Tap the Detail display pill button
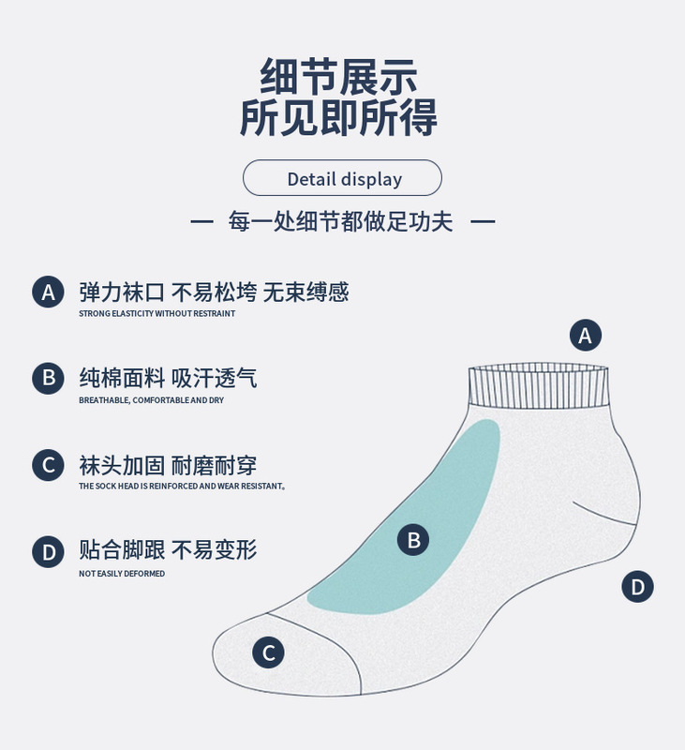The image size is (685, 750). tap(342, 178)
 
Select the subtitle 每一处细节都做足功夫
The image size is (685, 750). tap(342, 222)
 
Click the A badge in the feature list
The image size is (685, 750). tap(48, 292)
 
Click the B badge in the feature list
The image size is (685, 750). tap(48, 378)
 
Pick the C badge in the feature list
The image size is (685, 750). tap(48, 465)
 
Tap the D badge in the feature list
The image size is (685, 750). tap(48, 551)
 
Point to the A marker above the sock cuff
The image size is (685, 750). tap(586, 336)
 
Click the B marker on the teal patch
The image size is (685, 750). tap(413, 539)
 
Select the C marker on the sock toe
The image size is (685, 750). tap(268, 652)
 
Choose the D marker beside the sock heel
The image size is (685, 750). tap(637, 588)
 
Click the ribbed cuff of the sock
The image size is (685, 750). tap(539, 386)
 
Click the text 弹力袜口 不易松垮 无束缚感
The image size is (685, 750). tap(214, 292)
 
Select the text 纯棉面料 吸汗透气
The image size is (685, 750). tap(168, 378)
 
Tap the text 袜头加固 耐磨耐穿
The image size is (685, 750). tap(168, 465)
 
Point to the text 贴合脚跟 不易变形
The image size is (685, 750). tap(168, 550)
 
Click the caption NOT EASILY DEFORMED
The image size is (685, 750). tap(122, 573)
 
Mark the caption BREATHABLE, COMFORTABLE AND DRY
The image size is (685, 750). tap(151, 400)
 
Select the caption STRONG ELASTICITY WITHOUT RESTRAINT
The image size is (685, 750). tap(156, 313)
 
